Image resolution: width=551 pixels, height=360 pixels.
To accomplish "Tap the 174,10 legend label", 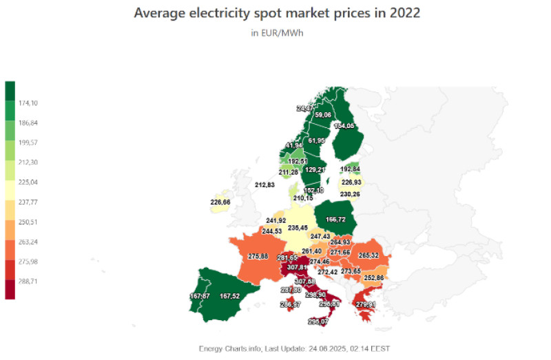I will [x=29, y=103].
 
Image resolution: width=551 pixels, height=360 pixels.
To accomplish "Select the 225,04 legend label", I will [x=29, y=182].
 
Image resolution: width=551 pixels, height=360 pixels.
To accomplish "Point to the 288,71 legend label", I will [x=29, y=282].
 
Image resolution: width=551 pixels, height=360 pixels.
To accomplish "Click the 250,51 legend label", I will [x=29, y=222].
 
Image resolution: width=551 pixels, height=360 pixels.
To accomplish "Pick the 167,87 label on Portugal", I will [x=200, y=297].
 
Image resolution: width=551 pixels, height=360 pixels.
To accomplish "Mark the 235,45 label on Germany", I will [x=298, y=228].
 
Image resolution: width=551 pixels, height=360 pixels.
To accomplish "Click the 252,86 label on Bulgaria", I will [x=374, y=277].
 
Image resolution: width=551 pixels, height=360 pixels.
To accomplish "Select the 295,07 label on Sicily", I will [x=318, y=321].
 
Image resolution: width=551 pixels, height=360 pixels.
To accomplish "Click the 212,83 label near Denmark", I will [x=265, y=185].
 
